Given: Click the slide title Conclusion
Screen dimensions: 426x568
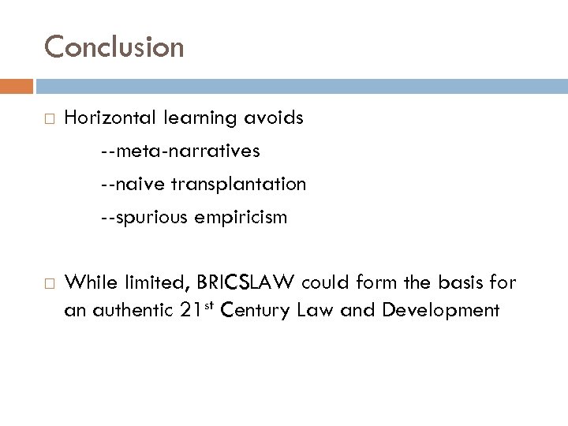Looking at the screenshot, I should click(x=114, y=47).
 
